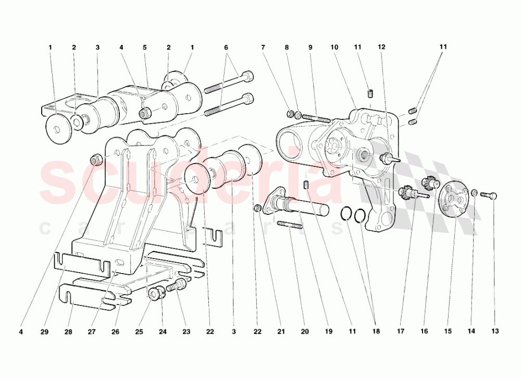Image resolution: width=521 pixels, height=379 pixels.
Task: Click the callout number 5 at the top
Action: tap(144, 47)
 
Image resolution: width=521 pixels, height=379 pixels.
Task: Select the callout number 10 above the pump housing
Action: tap(334, 47)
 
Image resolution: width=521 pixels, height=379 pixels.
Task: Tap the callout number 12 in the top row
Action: tap(381, 47)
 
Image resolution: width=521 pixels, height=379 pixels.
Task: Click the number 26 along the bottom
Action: tap(116, 332)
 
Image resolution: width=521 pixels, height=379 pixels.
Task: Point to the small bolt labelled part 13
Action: tap(488, 195)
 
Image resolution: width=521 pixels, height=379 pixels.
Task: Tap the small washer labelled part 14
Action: tap(475, 194)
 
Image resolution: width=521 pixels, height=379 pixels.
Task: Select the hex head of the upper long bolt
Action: tap(249, 76)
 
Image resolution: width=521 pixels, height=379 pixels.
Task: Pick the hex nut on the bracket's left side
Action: tap(95, 158)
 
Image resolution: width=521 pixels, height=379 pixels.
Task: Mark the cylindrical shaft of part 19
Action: tap(307, 204)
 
